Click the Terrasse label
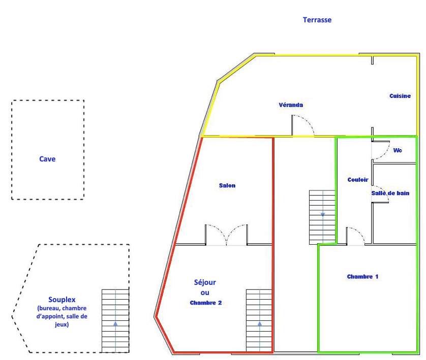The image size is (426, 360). click(x=317, y=20)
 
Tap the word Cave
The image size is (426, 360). click(x=47, y=159)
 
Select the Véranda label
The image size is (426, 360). click(x=291, y=105)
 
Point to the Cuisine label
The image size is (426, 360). click(x=400, y=96)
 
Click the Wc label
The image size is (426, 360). click(x=398, y=150)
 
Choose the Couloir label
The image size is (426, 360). click(x=358, y=180)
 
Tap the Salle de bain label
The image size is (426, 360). click(x=390, y=193)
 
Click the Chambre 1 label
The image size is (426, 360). click(x=363, y=277)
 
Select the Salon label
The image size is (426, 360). click(x=227, y=186)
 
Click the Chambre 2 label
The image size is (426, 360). click(x=206, y=303)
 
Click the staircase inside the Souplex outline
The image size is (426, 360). click(x=115, y=320)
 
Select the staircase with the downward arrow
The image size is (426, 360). click(x=322, y=217)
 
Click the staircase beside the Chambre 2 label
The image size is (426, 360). click(x=259, y=320)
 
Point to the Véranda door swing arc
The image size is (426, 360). click(x=304, y=125)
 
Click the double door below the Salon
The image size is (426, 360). click(x=227, y=235)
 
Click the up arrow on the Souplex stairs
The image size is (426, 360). click(x=115, y=323)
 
